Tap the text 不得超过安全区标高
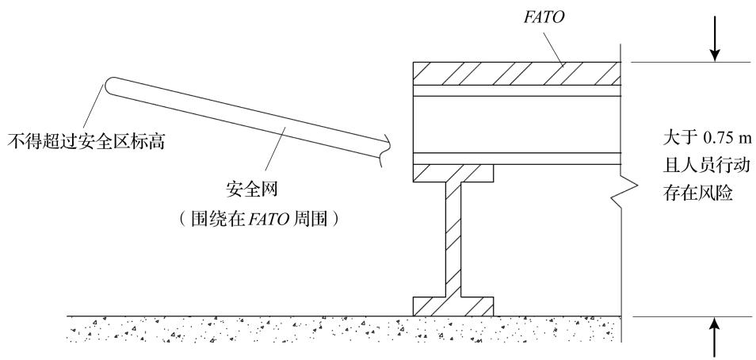(x=86, y=142)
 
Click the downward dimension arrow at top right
(x=715, y=39)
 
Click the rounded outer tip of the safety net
(x=108, y=85)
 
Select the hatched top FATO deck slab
(x=517, y=74)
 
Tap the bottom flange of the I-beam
(x=453, y=306)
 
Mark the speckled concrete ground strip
(x=343, y=329)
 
